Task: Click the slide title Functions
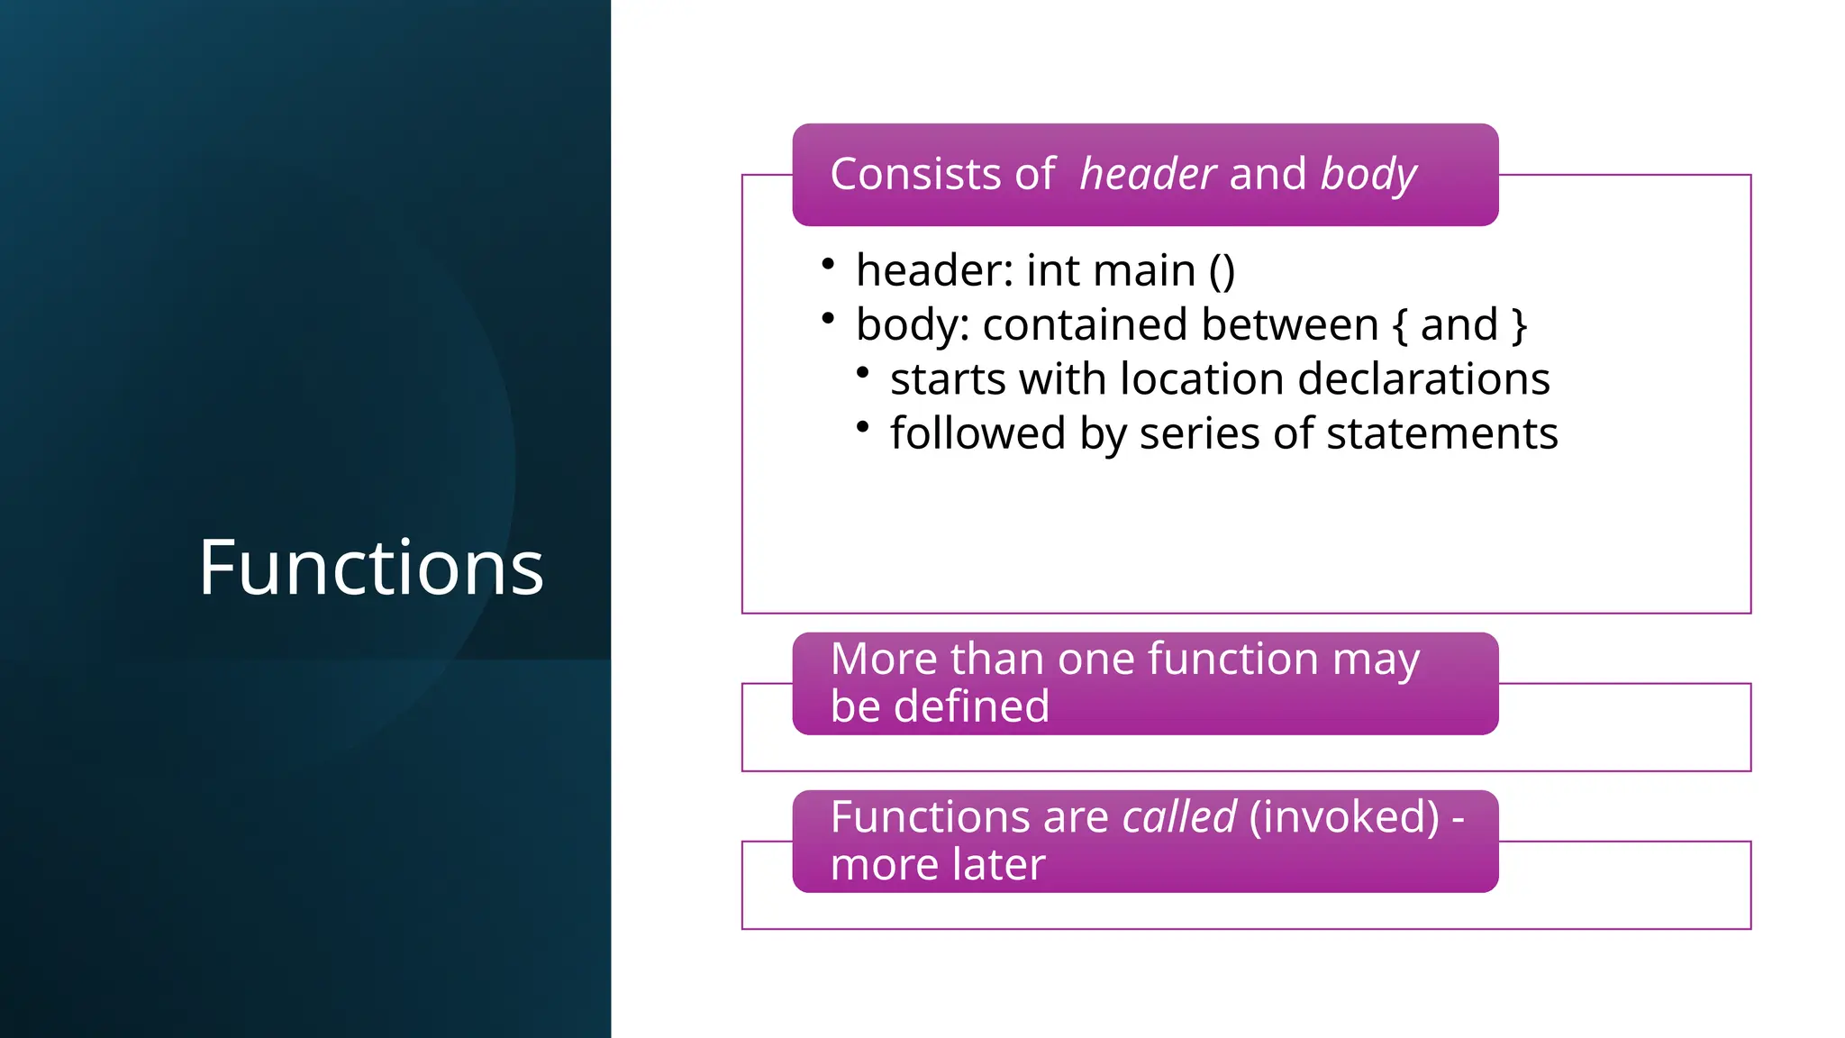pos(371,568)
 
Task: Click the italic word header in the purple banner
pos(1148,174)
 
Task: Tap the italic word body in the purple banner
pos(1368,174)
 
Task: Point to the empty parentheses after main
pos(1222,271)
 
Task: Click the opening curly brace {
pos(1399,324)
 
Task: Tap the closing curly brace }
pos(1519,324)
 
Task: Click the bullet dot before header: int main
pos(828,264)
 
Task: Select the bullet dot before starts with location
pos(863,372)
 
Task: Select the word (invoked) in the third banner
pos(1344,817)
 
